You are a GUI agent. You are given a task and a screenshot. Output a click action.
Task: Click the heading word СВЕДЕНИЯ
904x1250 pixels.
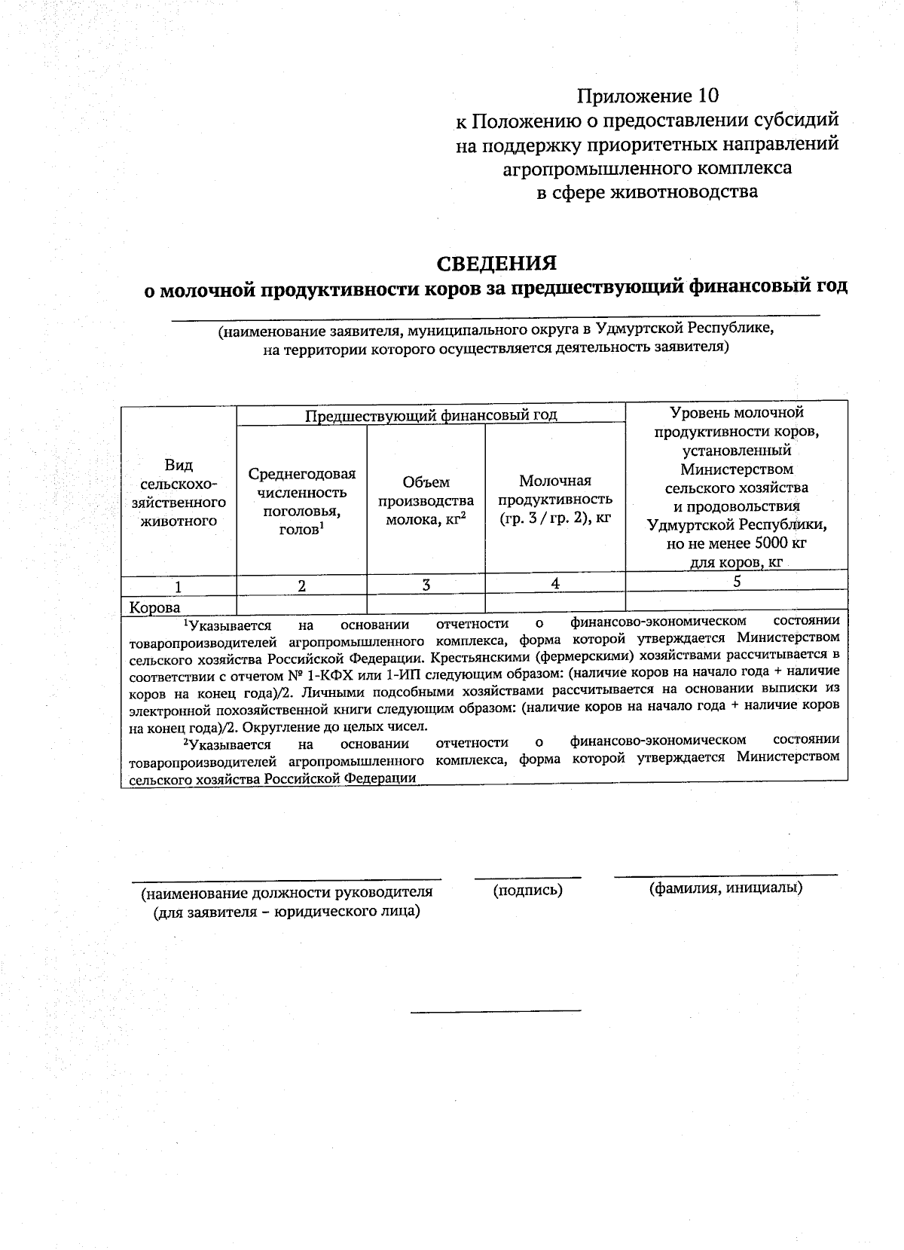point(497,263)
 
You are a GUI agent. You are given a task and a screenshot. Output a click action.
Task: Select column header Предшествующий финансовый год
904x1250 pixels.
point(431,414)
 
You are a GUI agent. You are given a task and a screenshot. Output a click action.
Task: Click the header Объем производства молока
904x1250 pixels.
point(426,500)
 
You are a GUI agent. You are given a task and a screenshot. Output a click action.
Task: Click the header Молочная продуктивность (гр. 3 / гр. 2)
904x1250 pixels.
point(554,499)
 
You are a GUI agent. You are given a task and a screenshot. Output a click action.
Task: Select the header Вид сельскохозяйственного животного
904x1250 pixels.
point(179,493)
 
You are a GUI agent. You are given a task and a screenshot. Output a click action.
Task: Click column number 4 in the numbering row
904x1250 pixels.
point(555,583)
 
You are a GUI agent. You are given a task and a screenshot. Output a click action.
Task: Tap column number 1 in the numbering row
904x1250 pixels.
point(178,586)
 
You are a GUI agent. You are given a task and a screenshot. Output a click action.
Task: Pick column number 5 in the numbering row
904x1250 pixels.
point(737,581)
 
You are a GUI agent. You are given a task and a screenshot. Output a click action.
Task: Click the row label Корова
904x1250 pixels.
point(155,607)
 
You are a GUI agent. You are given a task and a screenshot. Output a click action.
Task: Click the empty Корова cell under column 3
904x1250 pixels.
point(426,603)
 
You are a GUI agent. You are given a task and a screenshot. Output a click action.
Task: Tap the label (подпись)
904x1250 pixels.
point(527,890)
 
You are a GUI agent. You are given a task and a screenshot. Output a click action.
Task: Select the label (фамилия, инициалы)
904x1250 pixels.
point(725,888)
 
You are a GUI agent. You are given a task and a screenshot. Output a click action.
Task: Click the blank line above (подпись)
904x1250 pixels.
point(527,877)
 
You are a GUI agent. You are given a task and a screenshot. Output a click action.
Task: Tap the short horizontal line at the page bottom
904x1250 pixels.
point(496,1010)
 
